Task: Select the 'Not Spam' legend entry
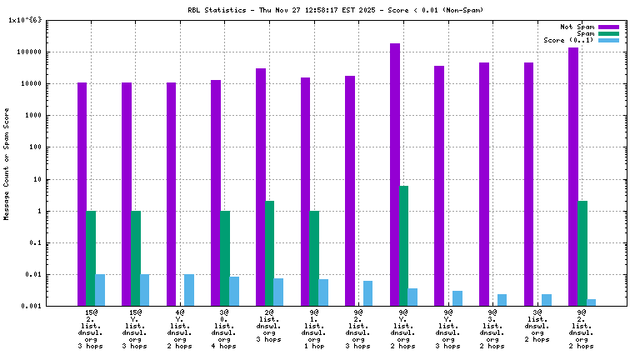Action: click(577, 27)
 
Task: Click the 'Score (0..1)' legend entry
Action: click(568, 40)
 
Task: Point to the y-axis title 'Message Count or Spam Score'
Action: click(7, 163)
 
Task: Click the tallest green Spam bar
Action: click(404, 246)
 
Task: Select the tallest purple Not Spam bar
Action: click(395, 175)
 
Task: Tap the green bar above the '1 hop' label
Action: click(314, 258)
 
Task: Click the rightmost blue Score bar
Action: click(591, 302)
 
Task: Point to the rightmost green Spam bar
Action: click(582, 253)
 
